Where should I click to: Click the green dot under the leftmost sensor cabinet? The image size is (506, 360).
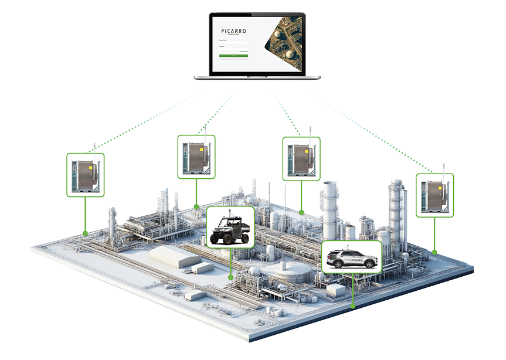(86, 233)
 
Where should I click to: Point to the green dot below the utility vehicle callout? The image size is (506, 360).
(231, 276)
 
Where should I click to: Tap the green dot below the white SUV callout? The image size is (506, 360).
(352, 305)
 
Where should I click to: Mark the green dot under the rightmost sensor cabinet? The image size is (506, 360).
(435, 252)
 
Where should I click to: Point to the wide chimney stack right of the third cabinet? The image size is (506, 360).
(330, 205)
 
